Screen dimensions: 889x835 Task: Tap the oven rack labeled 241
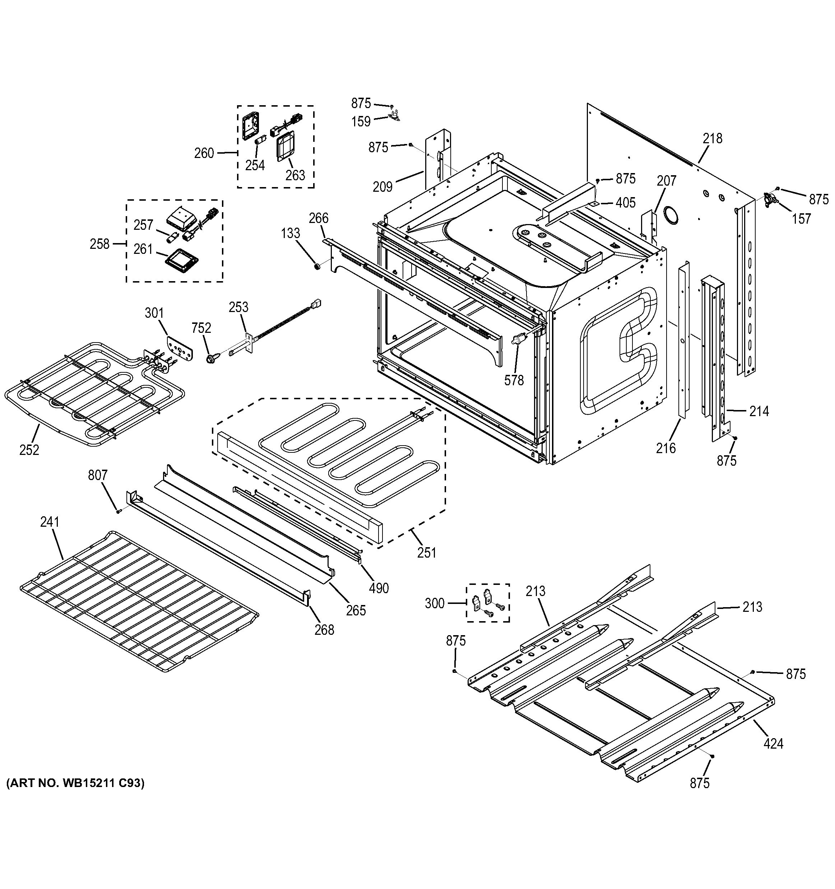click(x=139, y=601)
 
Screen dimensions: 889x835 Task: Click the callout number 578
click(x=514, y=380)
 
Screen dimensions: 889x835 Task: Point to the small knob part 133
click(x=317, y=267)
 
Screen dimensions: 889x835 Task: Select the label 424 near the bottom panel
click(x=773, y=744)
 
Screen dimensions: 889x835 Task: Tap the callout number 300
click(x=434, y=603)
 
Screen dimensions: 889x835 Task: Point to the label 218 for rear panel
click(x=712, y=139)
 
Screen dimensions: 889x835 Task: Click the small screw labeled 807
click(x=119, y=511)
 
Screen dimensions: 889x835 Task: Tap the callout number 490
click(x=379, y=588)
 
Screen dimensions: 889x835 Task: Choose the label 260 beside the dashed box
click(x=204, y=153)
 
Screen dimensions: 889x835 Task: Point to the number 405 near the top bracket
click(x=625, y=203)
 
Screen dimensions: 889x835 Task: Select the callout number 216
click(x=665, y=448)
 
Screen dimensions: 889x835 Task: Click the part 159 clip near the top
click(x=394, y=118)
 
